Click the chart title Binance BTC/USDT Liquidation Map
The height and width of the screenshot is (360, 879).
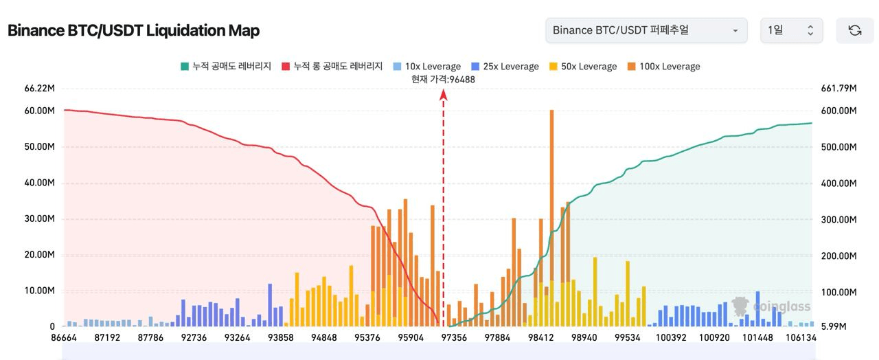pyautogui.click(x=133, y=31)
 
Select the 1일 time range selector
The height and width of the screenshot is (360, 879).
pyautogui.click(x=791, y=30)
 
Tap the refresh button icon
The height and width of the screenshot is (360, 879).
pyautogui.click(x=855, y=30)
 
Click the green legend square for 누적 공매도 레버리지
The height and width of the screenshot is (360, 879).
pyautogui.click(x=185, y=67)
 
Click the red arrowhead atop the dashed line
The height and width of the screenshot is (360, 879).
pyautogui.click(x=444, y=95)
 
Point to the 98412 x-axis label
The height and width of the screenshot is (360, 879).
pyautogui.click(x=541, y=338)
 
